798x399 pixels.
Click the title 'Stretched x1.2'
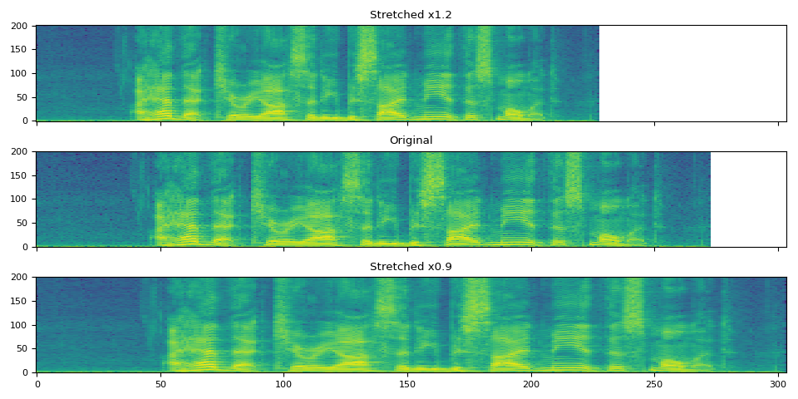pyautogui.click(x=411, y=15)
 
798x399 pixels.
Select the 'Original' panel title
pyautogui.click(x=411, y=140)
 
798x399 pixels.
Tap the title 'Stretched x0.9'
pyautogui.click(x=411, y=267)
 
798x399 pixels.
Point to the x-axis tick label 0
pyautogui.click(x=37, y=385)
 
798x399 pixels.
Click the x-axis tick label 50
pyautogui.click(x=160, y=385)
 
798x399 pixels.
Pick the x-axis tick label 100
pyautogui.click(x=283, y=385)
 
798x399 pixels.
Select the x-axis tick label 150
pyautogui.click(x=407, y=385)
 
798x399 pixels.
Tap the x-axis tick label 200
pyautogui.click(x=530, y=385)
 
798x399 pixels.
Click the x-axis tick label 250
pyautogui.click(x=654, y=385)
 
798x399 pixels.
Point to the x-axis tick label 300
pyautogui.click(x=778, y=385)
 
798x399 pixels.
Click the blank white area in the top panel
pyautogui.click(x=692, y=73)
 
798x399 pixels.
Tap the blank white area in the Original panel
pyautogui.click(x=748, y=199)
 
